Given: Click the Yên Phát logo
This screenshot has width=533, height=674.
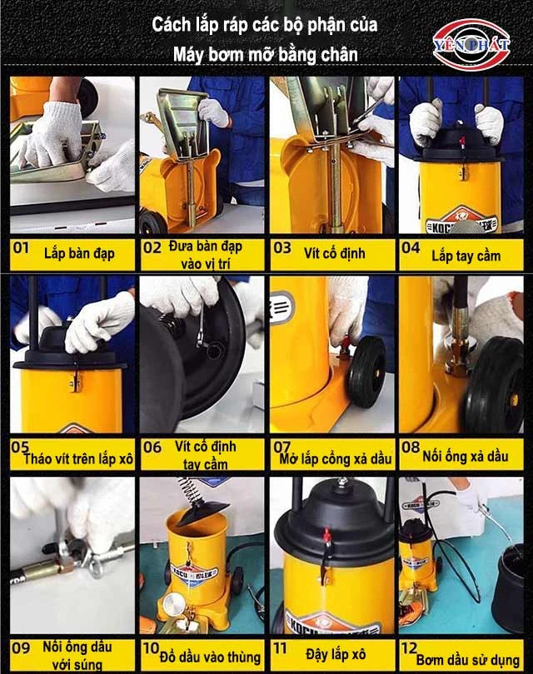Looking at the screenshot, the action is [x=471, y=44].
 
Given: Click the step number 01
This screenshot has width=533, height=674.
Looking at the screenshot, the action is [x=21, y=248].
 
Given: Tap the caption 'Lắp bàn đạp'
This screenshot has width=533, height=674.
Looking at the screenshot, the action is [x=79, y=254].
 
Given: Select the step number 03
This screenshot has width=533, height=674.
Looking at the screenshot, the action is [x=282, y=248].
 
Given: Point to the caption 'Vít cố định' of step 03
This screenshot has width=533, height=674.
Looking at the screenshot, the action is [x=335, y=253].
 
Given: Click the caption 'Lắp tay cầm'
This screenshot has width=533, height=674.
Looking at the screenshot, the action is [x=466, y=256].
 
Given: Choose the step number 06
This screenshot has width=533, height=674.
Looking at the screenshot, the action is [x=152, y=448].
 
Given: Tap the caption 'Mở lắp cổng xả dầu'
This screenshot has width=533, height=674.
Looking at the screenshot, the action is [x=336, y=459].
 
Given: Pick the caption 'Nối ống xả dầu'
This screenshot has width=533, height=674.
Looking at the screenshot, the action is [x=466, y=456].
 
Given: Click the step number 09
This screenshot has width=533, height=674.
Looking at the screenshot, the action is [x=21, y=647].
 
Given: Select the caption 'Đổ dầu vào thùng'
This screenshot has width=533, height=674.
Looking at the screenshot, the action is [x=210, y=657].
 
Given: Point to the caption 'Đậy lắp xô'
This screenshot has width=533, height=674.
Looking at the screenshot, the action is [x=336, y=655].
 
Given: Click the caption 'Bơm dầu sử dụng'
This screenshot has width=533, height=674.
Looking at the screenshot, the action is [x=468, y=660].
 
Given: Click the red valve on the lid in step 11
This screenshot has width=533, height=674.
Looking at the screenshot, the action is [x=328, y=536].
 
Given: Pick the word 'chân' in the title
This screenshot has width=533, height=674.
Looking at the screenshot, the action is [x=342, y=55].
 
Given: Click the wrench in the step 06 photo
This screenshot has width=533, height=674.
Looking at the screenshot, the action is [x=202, y=328].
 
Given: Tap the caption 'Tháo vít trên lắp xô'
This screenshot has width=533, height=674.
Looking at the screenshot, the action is [x=77, y=459].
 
